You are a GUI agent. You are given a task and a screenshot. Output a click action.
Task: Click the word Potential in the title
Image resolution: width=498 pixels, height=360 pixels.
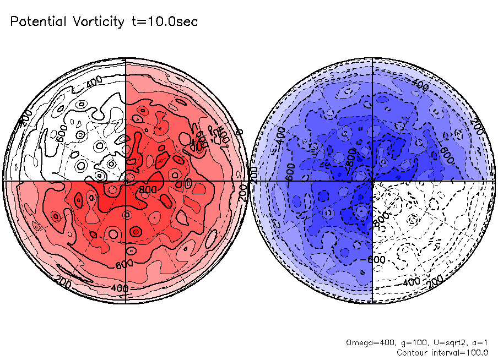[x=38, y=22]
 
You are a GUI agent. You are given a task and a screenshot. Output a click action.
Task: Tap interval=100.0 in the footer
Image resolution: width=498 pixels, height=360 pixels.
[x=462, y=352]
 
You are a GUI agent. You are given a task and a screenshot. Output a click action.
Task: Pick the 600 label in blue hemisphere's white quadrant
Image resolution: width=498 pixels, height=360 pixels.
[x=376, y=259]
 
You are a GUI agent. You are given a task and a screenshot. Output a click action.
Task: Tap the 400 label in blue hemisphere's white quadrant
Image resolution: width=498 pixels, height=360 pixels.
[x=411, y=282]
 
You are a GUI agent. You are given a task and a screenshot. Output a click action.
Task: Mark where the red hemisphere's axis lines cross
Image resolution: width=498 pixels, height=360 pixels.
[x=126, y=181]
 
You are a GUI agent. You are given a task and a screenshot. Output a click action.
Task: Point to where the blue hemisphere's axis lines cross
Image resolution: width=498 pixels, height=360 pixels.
[x=373, y=181]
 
